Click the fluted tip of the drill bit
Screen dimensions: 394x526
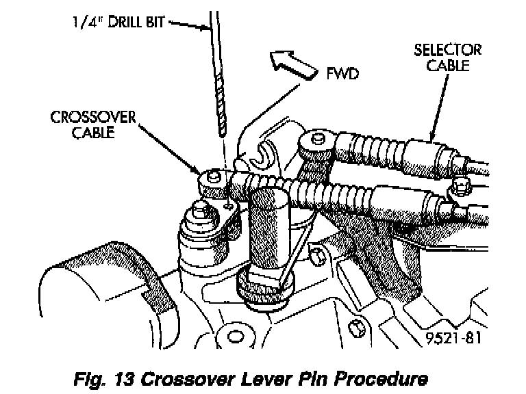click(x=221, y=109)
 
